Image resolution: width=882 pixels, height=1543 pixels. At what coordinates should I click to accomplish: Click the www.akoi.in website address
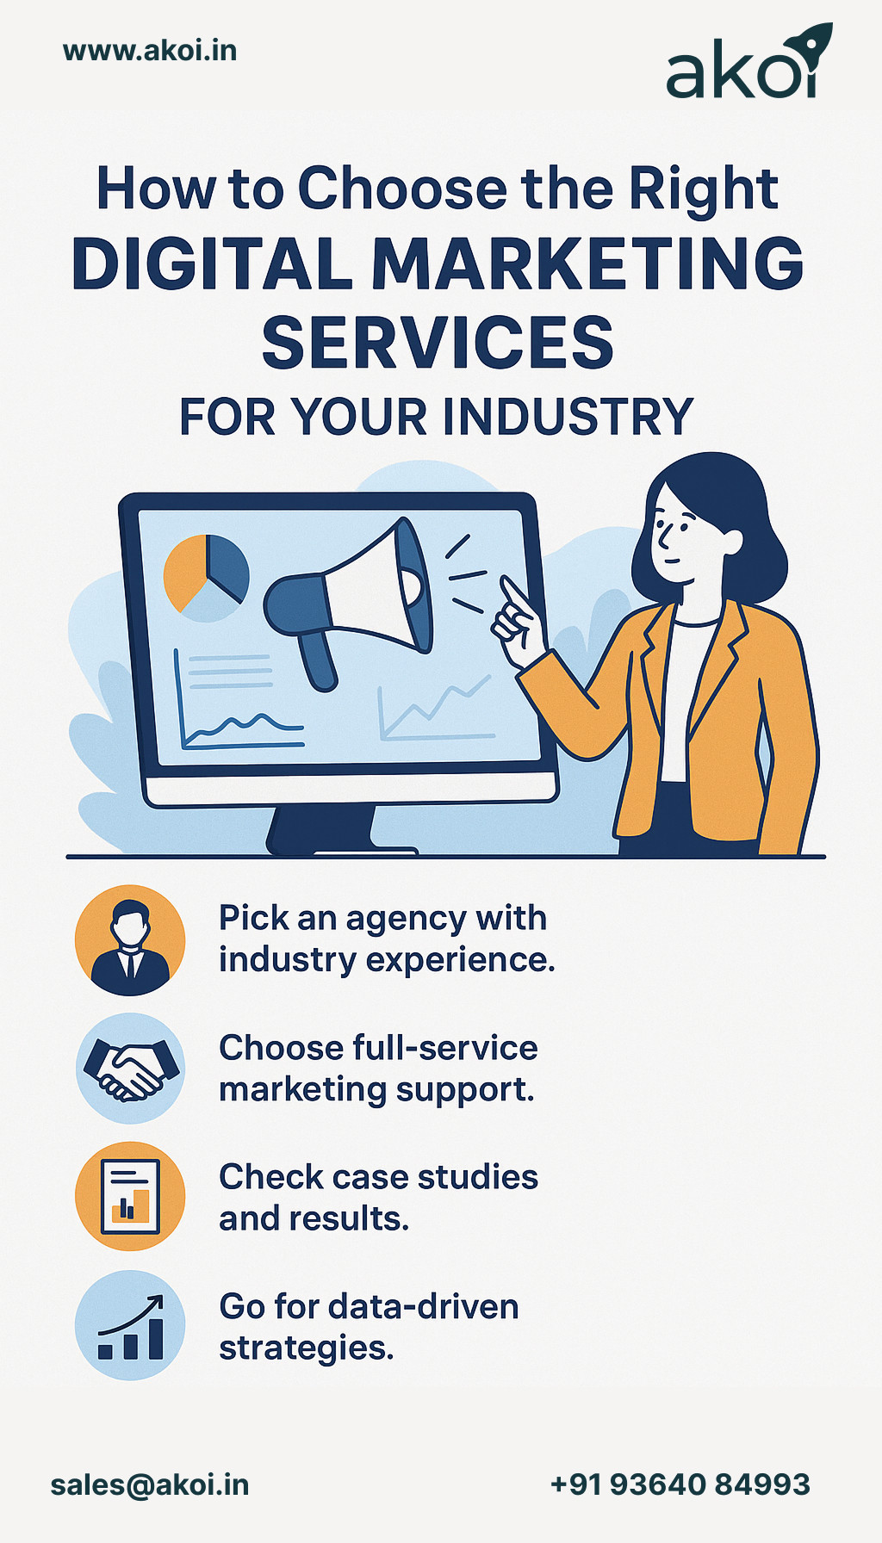coord(150,51)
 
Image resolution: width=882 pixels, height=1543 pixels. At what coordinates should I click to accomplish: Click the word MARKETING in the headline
coord(587,264)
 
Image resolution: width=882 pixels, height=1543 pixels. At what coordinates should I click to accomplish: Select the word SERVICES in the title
coord(438,343)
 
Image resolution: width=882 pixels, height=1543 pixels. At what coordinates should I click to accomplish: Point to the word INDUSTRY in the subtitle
coord(568,418)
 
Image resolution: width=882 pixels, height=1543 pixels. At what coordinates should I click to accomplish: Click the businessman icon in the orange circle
coord(130,940)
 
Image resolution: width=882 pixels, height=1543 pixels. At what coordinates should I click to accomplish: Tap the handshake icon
coord(130,1069)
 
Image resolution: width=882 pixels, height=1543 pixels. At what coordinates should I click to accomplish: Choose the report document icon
coord(130,1197)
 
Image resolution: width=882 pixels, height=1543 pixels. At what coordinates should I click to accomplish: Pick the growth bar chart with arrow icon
coord(130,1326)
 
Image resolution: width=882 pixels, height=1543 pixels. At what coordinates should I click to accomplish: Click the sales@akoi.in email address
coord(150,1484)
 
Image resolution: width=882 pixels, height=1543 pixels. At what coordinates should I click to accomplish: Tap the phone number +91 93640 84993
coord(680,1484)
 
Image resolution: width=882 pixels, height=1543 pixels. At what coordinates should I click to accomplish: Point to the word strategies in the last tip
coord(306,1348)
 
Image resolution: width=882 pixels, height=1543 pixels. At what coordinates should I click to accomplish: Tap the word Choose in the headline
coord(402,189)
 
